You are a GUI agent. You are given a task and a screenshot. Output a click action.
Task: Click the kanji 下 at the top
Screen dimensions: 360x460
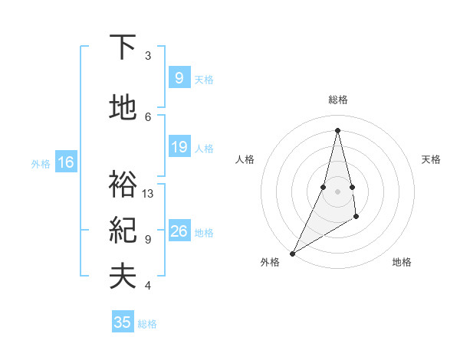(x=123, y=47)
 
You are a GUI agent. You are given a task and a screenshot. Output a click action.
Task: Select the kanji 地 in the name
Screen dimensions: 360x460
(x=123, y=108)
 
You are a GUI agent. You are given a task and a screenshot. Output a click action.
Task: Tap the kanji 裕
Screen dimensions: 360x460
(x=123, y=185)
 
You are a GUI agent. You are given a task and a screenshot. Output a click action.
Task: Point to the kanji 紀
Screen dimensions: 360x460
(x=123, y=231)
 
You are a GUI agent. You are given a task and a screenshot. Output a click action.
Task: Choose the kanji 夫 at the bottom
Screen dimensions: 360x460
(x=123, y=277)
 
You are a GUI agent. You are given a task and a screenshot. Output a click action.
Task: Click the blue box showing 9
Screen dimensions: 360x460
(x=178, y=77)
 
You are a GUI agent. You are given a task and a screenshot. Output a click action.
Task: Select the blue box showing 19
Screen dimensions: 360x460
(x=179, y=147)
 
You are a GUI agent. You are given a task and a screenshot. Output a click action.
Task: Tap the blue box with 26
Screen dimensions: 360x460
(x=179, y=231)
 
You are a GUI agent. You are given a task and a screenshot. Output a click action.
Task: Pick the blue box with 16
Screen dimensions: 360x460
(x=65, y=162)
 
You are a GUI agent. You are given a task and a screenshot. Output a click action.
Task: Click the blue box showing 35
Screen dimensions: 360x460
(x=123, y=322)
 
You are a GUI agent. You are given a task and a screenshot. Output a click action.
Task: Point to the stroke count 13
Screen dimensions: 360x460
(x=148, y=194)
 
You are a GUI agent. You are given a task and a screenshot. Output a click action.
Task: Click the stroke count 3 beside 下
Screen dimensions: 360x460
(x=148, y=56)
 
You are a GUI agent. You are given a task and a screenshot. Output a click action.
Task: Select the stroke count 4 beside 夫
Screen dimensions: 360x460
(x=148, y=286)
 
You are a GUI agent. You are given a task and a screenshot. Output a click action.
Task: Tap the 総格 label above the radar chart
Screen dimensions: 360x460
(x=338, y=100)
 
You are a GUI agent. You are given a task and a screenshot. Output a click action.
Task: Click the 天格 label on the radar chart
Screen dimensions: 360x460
(x=432, y=159)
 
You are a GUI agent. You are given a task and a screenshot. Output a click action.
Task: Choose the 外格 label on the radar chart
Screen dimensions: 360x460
(x=270, y=263)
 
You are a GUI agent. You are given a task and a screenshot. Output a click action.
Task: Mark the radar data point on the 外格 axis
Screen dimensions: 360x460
(x=292, y=253)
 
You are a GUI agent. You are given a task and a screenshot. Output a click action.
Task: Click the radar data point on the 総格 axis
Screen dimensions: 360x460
(x=337, y=130)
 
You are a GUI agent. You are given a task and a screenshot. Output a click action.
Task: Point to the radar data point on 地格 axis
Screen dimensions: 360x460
(x=356, y=218)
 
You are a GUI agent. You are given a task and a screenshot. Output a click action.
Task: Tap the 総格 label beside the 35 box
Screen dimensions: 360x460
(x=147, y=324)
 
